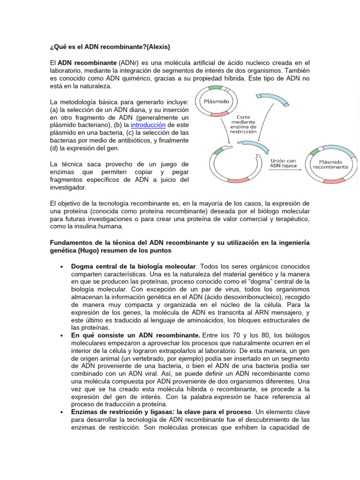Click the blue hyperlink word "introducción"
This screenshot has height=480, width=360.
tap(148, 125)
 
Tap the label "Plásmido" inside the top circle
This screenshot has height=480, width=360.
tap(214, 101)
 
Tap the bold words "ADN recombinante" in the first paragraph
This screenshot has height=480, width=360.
tap(87, 62)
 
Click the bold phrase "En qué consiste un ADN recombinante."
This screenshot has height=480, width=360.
tap(129, 335)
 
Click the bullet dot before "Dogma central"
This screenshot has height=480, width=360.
tap(62, 267)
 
